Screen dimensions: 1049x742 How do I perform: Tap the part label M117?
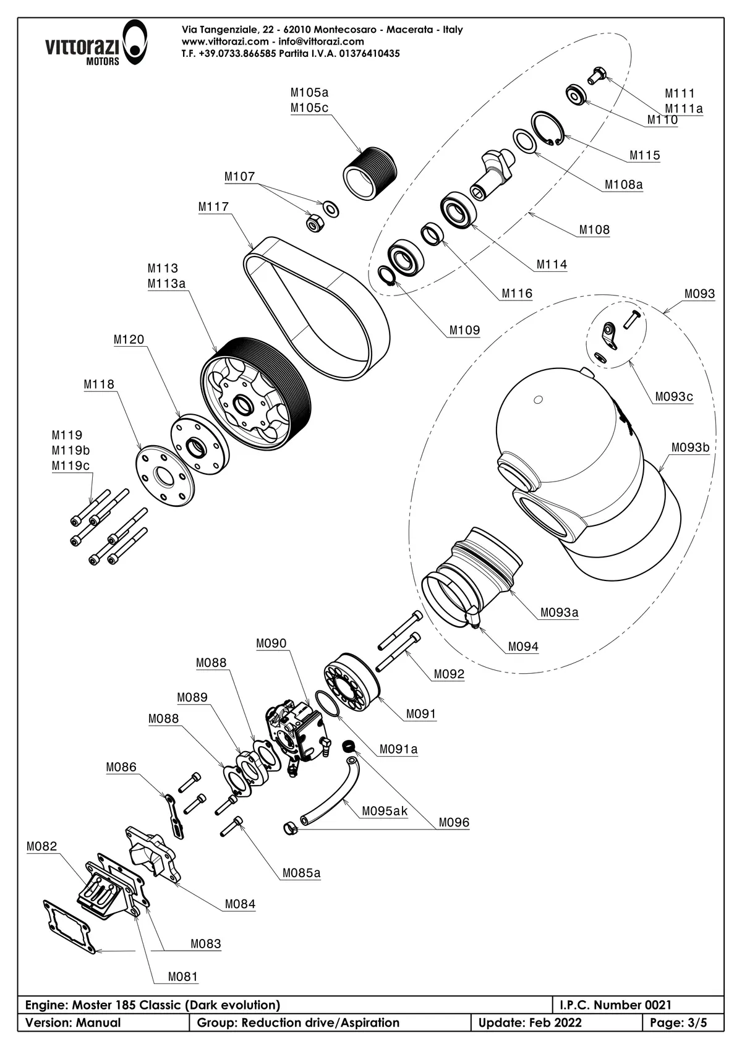click(213, 207)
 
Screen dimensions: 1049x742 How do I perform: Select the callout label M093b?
click(690, 448)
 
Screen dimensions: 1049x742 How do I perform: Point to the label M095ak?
click(385, 811)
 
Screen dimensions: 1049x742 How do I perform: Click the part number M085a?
click(302, 873)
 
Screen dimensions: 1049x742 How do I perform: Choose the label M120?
click(129, 339)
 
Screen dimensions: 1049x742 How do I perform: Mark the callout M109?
click(464, 330)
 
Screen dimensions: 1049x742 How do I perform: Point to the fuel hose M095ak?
click(334, 797)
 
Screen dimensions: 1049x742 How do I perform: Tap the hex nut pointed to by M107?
click(314, 223)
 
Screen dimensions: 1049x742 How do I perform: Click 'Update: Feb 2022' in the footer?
click(530, 1022)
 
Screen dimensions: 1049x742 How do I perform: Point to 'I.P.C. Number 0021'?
click(615, 1005)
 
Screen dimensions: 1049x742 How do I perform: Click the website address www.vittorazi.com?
click(225, 41)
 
